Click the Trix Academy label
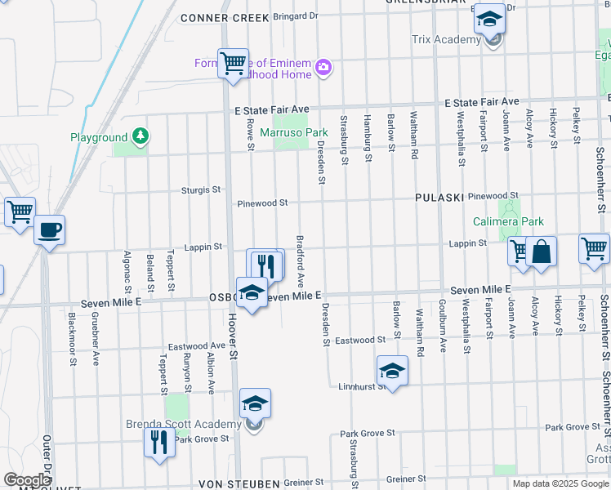[446, 40]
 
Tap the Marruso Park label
[293, 132]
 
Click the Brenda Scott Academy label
[183, 424]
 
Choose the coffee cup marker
[49, 229]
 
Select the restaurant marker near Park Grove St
[159, 443]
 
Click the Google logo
[27, 480]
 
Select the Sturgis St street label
[201, 189]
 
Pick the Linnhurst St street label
[362, 386]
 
